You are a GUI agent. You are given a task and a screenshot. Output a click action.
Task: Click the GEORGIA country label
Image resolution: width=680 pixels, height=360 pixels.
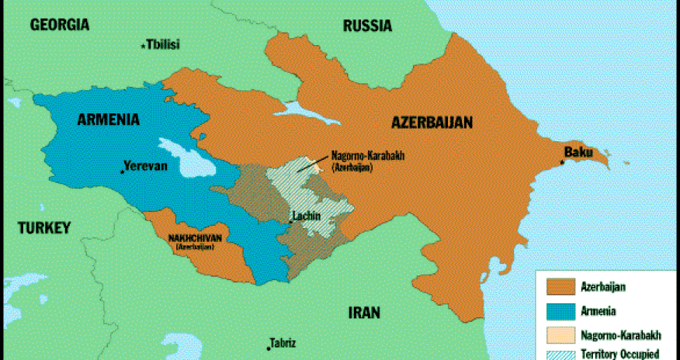tap(60, 25)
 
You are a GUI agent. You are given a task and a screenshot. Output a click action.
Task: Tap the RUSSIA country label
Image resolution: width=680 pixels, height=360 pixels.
tap(367, 26)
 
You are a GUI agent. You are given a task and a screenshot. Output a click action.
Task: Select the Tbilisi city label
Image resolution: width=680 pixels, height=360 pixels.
tap(162, 45)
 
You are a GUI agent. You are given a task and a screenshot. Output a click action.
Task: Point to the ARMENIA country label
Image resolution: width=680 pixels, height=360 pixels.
tap(109, 119)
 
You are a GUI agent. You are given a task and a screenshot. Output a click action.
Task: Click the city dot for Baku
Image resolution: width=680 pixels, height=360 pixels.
tap(562, 162)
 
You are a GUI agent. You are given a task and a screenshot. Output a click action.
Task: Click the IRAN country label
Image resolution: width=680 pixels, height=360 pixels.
tap(363, 313)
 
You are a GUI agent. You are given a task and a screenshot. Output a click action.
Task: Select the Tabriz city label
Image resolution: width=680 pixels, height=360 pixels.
tap(283, 343)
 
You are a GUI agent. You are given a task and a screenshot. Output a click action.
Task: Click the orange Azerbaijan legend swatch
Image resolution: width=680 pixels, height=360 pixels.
tap(560, 286)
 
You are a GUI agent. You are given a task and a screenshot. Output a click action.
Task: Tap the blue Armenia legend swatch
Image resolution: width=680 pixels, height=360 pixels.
tap(560, 311)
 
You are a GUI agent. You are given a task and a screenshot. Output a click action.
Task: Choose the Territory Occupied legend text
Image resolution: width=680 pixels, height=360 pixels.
tap(620, 354)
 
